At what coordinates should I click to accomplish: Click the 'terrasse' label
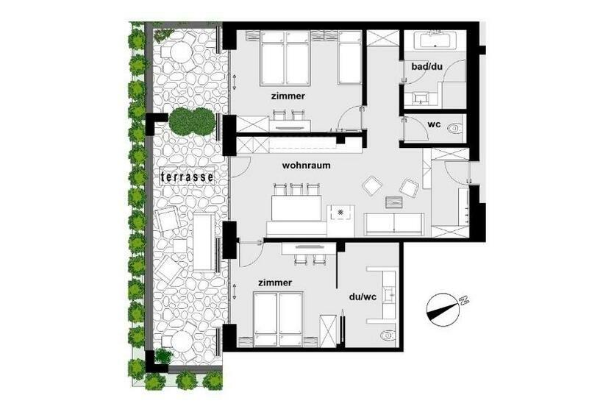pyautogui.click(x=188, y=177)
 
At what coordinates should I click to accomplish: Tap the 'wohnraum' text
pyautogui.click(x=306, y=166)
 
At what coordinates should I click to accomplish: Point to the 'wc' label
pyautogui.click(x=434, y=124)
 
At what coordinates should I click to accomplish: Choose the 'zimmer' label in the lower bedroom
pyautogui.click(x=275, y=283)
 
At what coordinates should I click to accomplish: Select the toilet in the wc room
pyautogui.click(x=455, y=127)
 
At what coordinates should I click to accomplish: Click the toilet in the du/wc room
pyautogui.click(x=387, y=335)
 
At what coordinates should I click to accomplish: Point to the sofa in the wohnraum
pyautogui.click(x=393, y=224)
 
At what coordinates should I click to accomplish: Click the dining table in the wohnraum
pyautogui.click(x=298, y=207)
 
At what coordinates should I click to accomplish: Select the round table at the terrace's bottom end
pyautogui.click(x=179, y=340)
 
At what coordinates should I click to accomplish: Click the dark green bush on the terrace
pyautogui.click(x=190, y=121)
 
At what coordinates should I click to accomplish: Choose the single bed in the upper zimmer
pyautogui.click(x=349, y=59)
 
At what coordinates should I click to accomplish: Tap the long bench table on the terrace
pyautogui.click(x=204, y=241)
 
